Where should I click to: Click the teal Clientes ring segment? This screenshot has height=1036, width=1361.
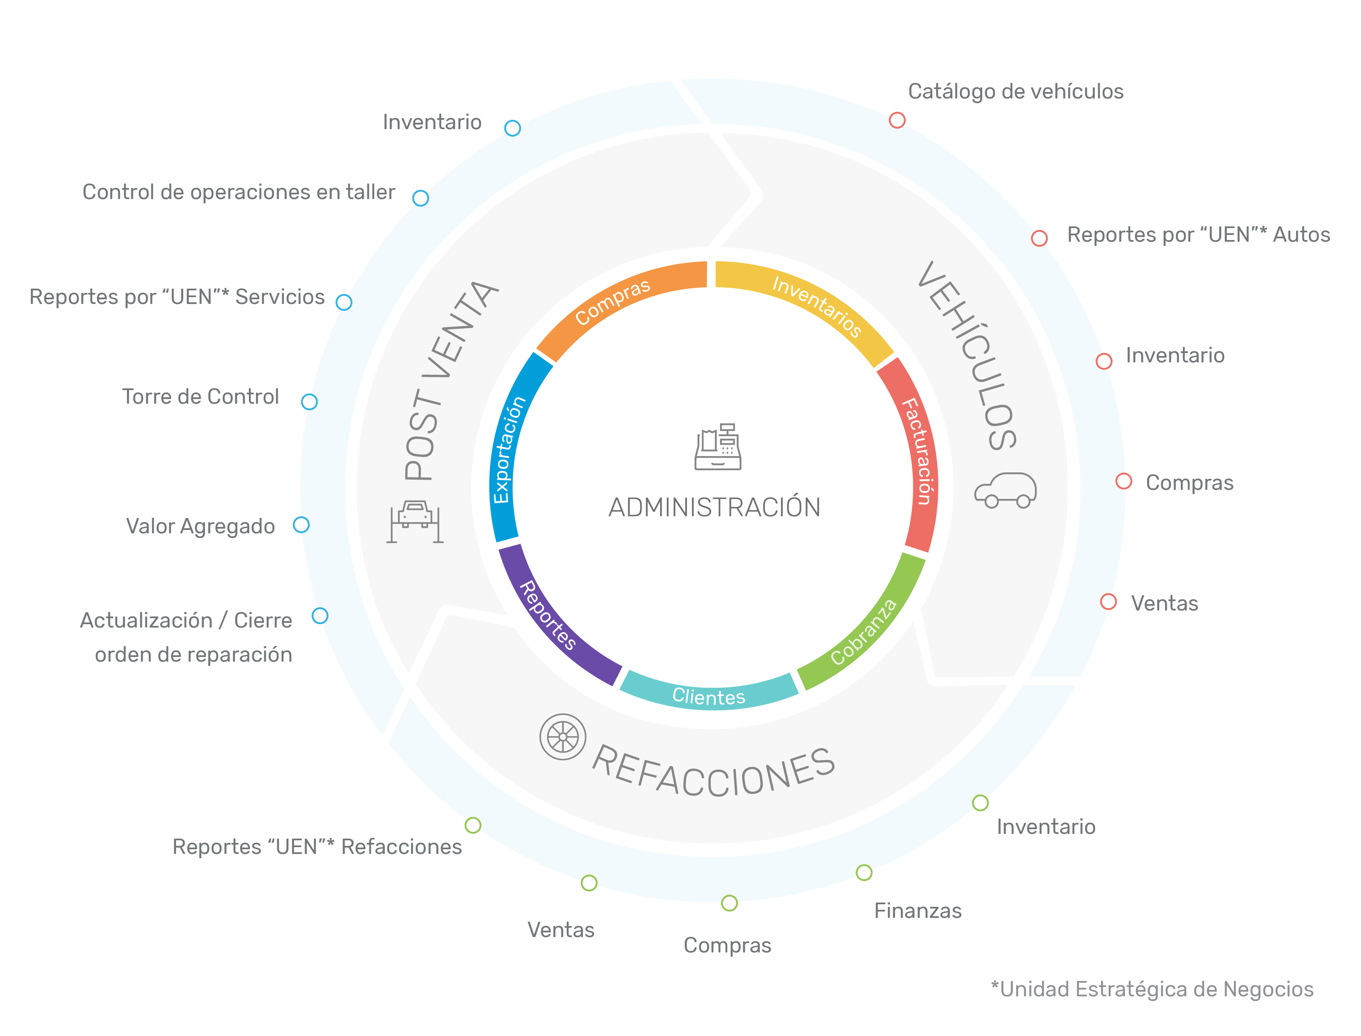click(709, 696)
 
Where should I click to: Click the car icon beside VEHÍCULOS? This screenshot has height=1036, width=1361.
click(1005, 490)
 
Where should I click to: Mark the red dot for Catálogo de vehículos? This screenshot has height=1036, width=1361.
click(897, 120)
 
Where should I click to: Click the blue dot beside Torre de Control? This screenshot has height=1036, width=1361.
click(309, 402)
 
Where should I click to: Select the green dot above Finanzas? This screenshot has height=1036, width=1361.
click(864, 873)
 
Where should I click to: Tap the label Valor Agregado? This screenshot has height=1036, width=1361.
click(200, 526)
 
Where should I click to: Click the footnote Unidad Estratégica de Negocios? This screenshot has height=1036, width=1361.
click(1152, 989)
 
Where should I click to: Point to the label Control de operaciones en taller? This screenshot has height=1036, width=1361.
click(239, 192)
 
